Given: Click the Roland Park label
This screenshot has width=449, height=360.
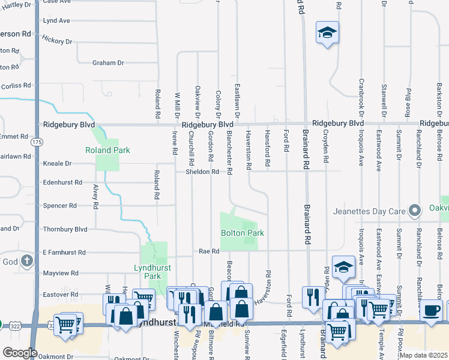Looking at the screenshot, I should (x=108, y=150).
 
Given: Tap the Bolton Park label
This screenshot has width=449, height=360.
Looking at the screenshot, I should (x=243, y=233).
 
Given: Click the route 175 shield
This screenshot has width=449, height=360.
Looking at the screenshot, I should (x=38, y=142).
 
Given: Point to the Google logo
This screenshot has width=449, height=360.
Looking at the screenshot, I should (x=20, y=352).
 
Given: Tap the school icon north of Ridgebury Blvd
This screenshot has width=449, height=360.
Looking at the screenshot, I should (x=328, y=32).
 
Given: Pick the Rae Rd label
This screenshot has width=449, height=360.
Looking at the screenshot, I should (x=209, y=251).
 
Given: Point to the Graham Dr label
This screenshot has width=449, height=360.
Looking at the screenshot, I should (x=108, y=62).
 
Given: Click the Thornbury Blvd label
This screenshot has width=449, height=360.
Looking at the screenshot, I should (x=65, y=229).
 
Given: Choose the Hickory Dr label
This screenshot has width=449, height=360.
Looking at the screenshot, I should (x=57, y=40).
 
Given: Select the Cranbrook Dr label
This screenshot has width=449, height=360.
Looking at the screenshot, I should (x=361, y=96).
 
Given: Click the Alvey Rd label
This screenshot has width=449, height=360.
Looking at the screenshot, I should (x=95, y=197).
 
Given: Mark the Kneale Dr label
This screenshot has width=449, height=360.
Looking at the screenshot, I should (x=57, y=163).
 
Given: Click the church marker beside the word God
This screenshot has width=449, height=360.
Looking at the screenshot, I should (x=27, y=261).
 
